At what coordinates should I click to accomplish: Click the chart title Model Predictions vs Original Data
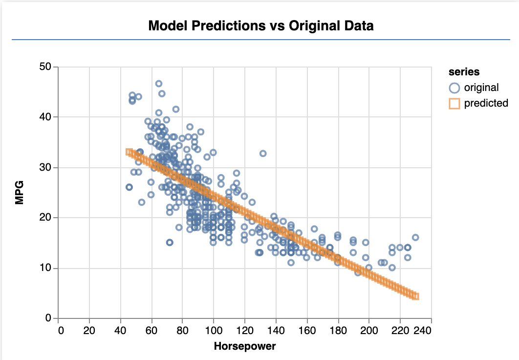click(x=260, y=25)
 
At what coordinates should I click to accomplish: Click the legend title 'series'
click(x=464, y=72)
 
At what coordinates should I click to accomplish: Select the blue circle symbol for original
click(x=455, y=88)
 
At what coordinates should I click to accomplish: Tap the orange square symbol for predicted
click(x=455, y=103)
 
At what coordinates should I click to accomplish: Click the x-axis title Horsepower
click(x=245, y=347)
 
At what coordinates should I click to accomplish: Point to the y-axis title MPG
click(x=20, y=193)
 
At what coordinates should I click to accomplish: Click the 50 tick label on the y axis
click(x=46, y=67)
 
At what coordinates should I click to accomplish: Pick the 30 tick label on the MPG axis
click(x=46, y=168)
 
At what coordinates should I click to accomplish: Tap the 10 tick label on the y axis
click(x=46, y=269)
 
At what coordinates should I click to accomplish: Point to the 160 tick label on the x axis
click(x=307, y=331)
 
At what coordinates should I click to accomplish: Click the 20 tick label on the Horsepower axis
click(x=89, y=331)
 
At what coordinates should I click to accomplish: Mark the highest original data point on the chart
click(x=159, y=84)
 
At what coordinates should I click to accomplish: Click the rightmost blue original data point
click(x=415, y=237)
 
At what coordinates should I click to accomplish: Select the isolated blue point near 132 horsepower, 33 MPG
click(x=263, y=154)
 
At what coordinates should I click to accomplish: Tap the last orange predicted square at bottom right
click(x=415, y=296)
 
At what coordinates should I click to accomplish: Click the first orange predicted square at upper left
click(x=129, y=152)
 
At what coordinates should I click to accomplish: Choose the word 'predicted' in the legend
click(x=486, y=103)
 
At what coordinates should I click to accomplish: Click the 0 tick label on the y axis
click(x=49, y=319)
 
